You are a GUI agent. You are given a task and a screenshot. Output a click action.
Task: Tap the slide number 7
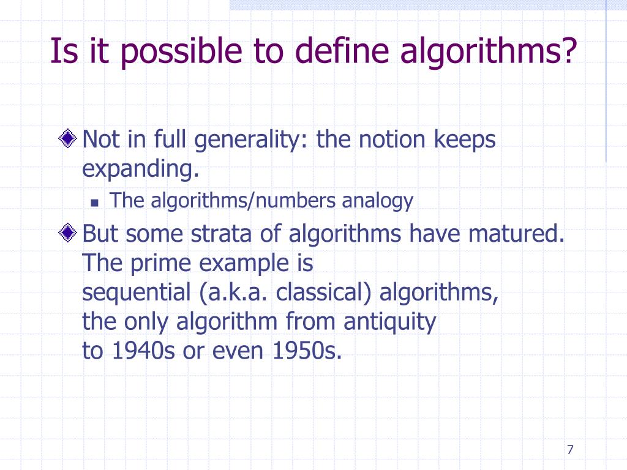pyautogui.click(x=570, y=450)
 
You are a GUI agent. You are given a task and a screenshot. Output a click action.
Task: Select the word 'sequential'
pyautogui.click(x=137, y=293)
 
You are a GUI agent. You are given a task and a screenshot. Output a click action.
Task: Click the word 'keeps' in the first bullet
pyautogui.click(x=465, y=141)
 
